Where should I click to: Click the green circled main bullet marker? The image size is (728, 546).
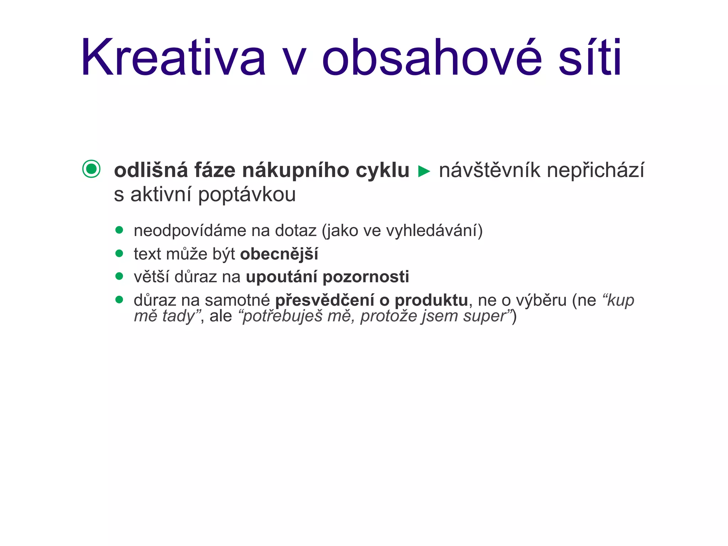(91, 169)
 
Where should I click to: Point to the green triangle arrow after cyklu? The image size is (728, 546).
(424, 171)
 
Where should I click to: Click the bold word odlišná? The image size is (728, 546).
(151, 170)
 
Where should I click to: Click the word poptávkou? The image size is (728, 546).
(247, 195)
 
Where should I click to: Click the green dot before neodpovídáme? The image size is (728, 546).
(119, 230)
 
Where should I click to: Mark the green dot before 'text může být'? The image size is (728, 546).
(119, 253)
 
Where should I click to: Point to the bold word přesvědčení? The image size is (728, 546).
(325, 301)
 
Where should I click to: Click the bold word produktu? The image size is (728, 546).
(431, 301)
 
